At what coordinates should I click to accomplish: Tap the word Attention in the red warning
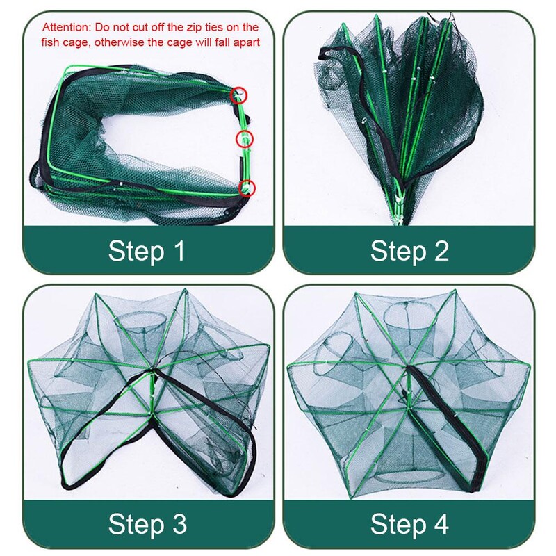67,27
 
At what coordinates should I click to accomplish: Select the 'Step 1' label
147,251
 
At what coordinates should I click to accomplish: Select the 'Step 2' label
409,251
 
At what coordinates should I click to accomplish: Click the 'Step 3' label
147,524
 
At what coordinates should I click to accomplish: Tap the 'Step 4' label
409,524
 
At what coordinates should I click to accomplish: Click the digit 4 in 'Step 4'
440,523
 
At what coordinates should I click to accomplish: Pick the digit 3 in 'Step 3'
179,524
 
